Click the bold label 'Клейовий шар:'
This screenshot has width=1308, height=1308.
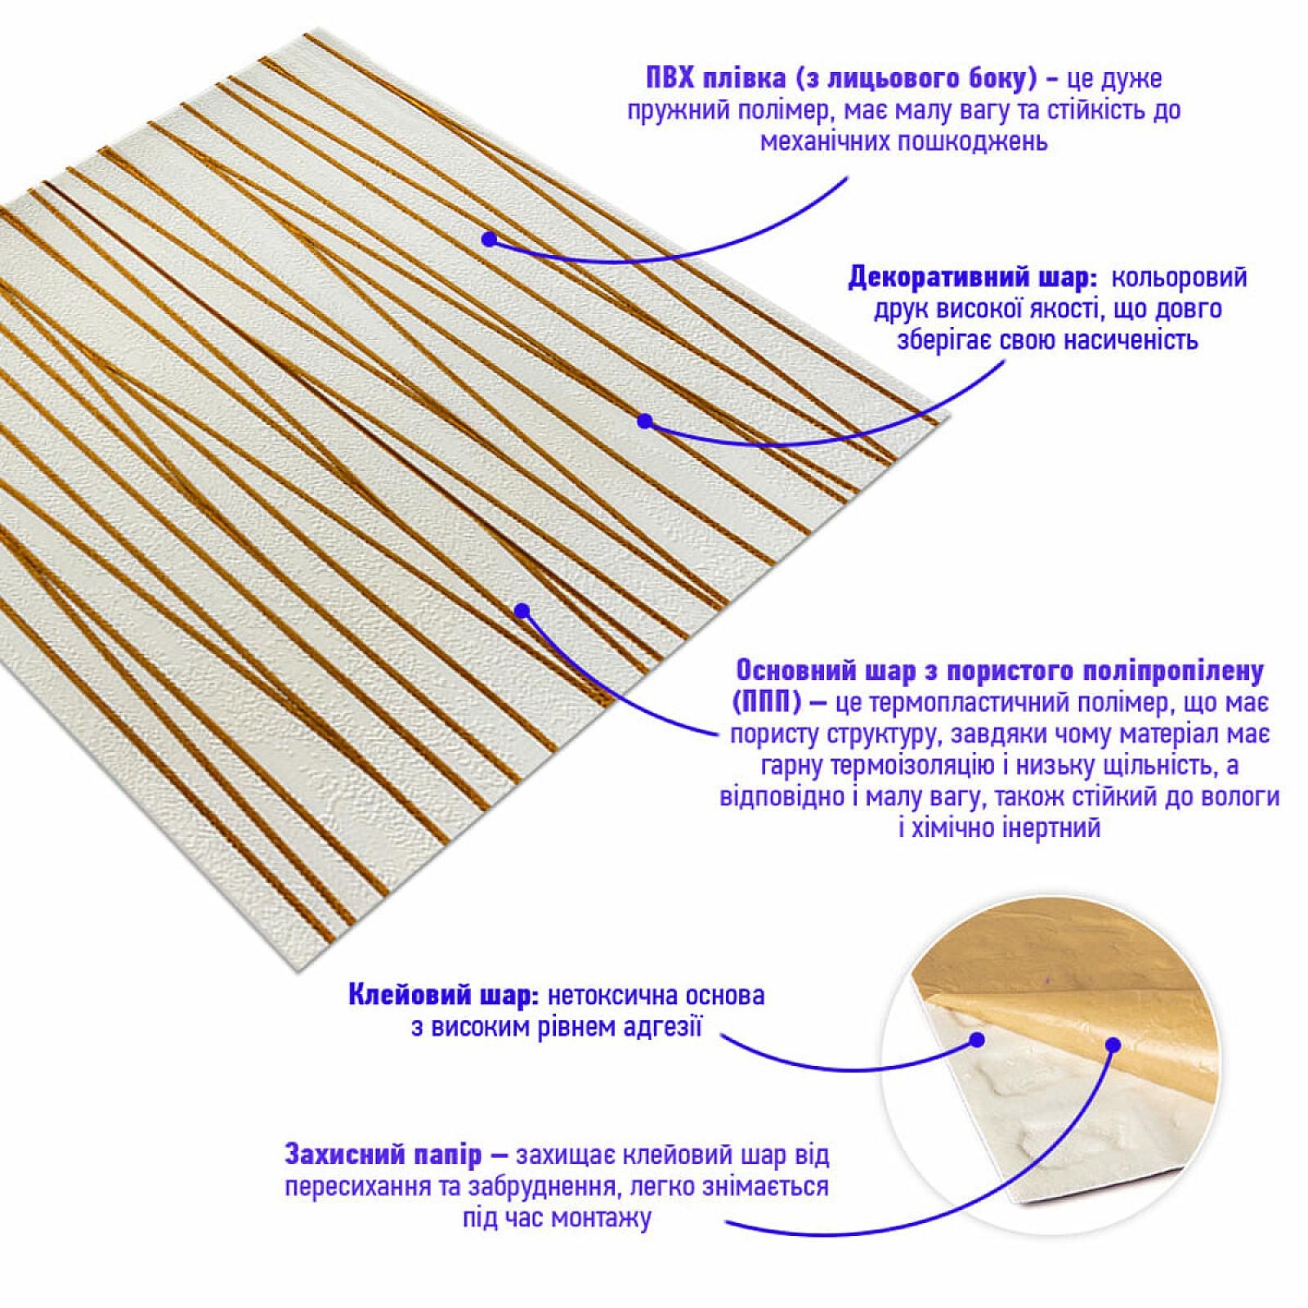coord(442,996)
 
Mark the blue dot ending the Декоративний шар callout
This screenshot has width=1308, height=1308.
coord(644,421)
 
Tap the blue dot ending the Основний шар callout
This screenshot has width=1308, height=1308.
coord(522,610)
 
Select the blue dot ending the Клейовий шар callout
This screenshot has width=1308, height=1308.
coord(975,1040)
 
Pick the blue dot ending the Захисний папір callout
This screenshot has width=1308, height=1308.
coord(1112,1044)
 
